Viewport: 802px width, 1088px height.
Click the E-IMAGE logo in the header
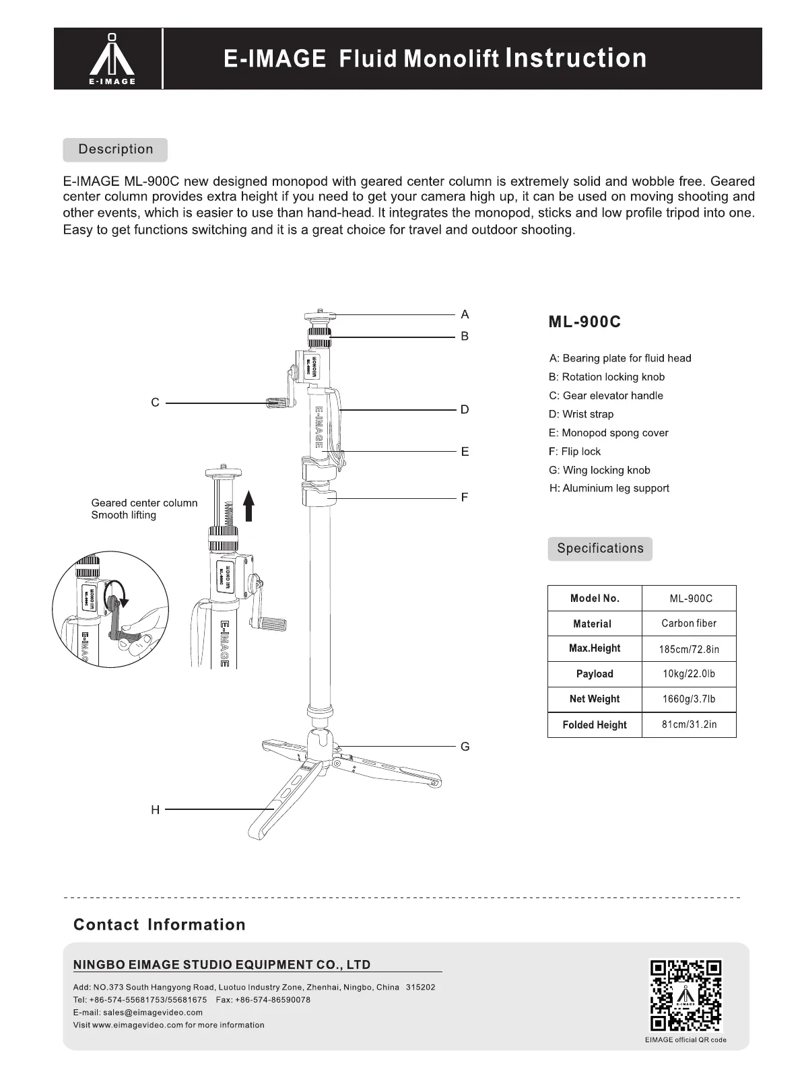[x=112, y=59]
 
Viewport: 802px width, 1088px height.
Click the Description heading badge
[x=115, y=149]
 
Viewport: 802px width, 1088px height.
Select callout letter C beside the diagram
[x=155, y=403]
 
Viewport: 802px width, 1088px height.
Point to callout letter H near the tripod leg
[x=155, y=810]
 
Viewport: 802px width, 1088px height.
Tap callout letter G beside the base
[x=465, y=747]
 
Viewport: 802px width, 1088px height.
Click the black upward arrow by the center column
[x=248, y=506]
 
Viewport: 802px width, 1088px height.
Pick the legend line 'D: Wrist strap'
[x=581, y=414]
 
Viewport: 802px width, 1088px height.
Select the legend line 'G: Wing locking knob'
[x=599, y=470]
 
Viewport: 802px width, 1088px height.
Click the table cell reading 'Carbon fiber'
[x=689, y=623]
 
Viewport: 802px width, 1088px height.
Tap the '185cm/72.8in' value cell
[x=689, y=649]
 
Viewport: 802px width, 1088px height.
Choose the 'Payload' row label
[x=595, y=674]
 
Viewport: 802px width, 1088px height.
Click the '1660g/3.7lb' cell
[x=689, y=699]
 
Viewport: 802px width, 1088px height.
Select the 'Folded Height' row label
[x=595, y=724]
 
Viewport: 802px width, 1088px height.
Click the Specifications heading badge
[x=600, y=549]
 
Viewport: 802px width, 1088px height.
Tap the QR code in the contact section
[x=686, y=996]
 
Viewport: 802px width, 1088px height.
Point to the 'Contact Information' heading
[x=160, y=924]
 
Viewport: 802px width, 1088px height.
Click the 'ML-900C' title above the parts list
[x=584, y=322]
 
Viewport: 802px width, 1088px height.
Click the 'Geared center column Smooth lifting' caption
[x=144, y=509]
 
